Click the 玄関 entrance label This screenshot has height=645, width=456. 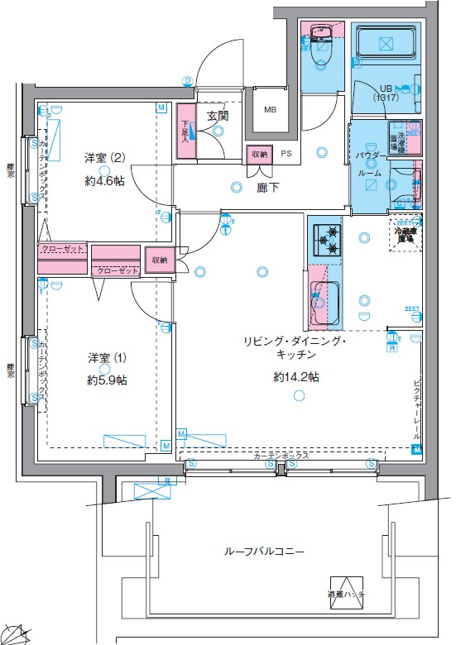(x=218, y=117)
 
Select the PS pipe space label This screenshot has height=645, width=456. (x=286, y=154)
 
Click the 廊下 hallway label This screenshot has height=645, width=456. (x=266, y=188)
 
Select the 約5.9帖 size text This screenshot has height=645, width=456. (x=108, y=380)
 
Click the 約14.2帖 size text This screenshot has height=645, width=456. (x=296, y=377)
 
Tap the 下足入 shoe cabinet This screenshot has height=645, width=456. (x=186, y=130)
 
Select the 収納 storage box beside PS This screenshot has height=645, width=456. (x=259, y=154)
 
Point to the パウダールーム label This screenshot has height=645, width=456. (x=368, y=164)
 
